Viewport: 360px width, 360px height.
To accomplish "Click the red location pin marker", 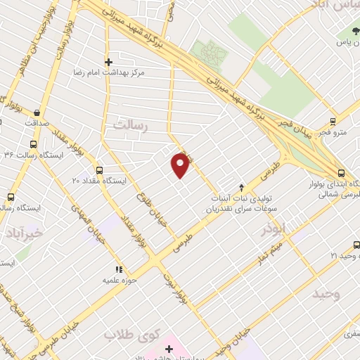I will (x=181, y=166).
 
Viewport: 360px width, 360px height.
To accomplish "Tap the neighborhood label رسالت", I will (x=131, y=124).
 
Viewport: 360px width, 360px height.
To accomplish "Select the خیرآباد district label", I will (x=24, y=232).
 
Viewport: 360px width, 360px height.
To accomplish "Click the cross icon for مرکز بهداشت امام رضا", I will (x=108, y=62).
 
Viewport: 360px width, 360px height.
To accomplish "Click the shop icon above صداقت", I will (x=35, y=111).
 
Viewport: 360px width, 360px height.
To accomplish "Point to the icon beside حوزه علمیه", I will (x=119, y=269).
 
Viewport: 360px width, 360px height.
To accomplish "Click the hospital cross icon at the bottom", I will (x=169, y=349).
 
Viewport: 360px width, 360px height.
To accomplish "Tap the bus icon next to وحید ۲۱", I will (x=356, y=245).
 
